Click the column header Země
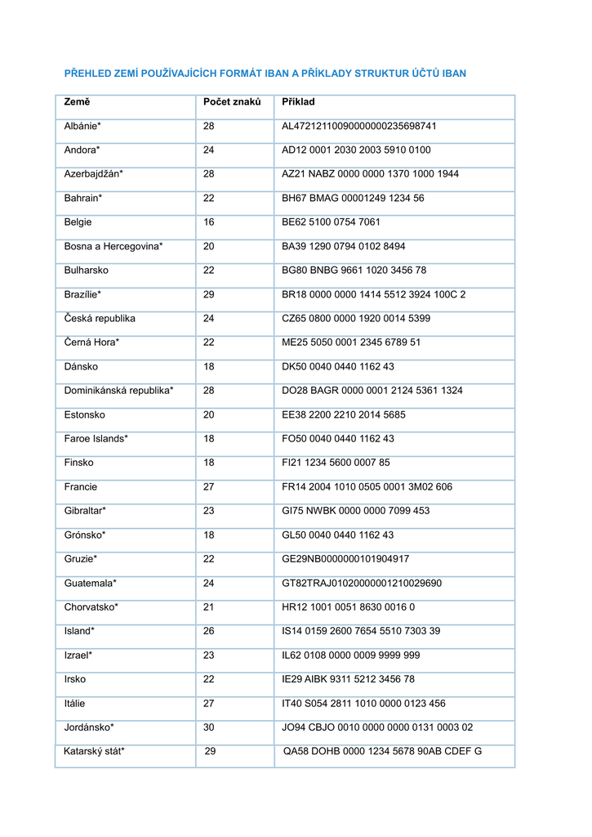pyautogui.click(x=78, y=102)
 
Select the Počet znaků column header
pyautogui.click(x=232, y=102)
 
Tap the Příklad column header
pyautogui.click(x=298, y=102)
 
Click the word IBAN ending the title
pyautogui.click(x=454, y=74)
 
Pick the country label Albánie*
pyautogui.click(x=82, y=127)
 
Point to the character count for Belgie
pyautogui.click(x=209, y=222)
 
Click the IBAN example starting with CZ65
pyautogui.click(x=355, y=319)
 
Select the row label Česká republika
pyautogui.click(x=100, y=319)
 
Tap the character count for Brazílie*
pyautogui.click(x=209, y=294)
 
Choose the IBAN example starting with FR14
pyautogui.click(x=367, y=487)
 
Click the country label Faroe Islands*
pyautogui.click(x=96, y=439)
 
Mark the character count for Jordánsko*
pyautogui.click(x=209, y=727)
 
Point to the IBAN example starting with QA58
pyautogui.click(x=382, y=751)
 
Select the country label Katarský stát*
pyautogui.click(x=94, y=751)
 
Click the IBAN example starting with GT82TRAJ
pyautogui.click(x=362, y=584)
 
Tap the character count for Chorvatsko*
pyautogui.click(x=209, y=607)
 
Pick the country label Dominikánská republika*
pyautogui.click(x=119, y=391)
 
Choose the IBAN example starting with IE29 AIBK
pyautogui.click(x=348, y=679)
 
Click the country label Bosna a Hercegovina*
pyautogui.click(x=114, y=246)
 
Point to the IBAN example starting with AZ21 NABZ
pyautogui.click(x=370, y=174)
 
